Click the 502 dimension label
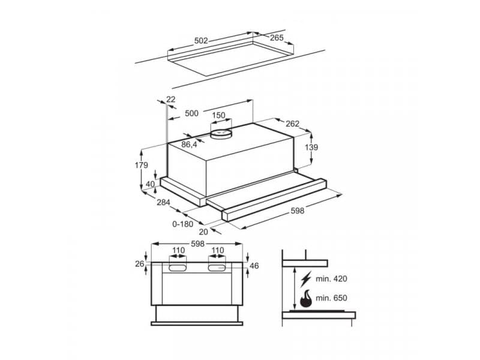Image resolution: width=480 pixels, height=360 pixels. pyautogui.click(x=201, y=41)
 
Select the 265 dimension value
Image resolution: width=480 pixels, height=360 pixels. pyautogui.click(x=277, y=38)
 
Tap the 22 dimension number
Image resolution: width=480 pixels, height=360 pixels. pyautogui.click(x=171, y=100)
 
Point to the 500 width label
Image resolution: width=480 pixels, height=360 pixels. pyautogui.click(x=191, y=113)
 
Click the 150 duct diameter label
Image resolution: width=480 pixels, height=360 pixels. pyautogui.click(x=219, y=115)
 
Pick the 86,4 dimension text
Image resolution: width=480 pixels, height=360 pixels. pyautogui.click(x=189, y=145)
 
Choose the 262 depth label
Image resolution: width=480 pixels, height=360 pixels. pyautogui.click(x=292, y=124)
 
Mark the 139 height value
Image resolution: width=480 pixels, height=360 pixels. pyautogui.click(x=311, y=148)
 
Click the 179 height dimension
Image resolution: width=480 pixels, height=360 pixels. pyautogui.click(x=142, y=165)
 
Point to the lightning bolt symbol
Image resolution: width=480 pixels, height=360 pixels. pyautogui.click(x=307, y=279)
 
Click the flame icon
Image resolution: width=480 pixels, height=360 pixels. pyautogui.click(x=306, y=298)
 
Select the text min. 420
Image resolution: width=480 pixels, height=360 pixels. pyautogui.click(x=331, y=279)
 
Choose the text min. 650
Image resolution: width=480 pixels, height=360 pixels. pyautogui.click(x=331, y=298)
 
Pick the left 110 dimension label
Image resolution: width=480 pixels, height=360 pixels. pyautogui.click(x=178, y=251)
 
